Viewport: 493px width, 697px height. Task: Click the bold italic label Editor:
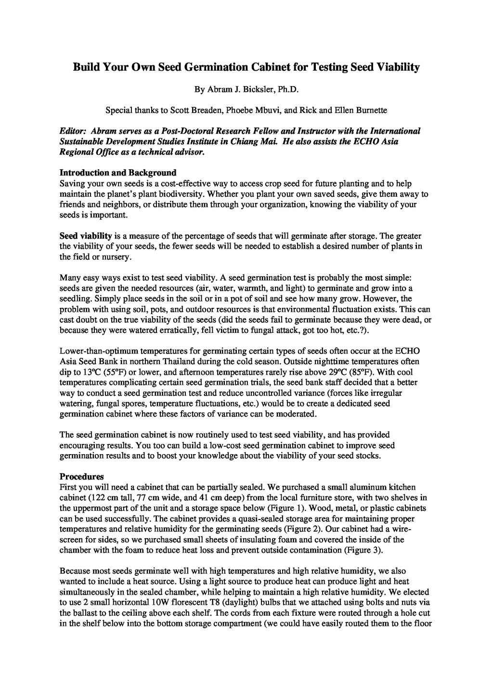click(x=73, y=131)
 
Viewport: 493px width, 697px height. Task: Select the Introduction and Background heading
click(x=117, y=173)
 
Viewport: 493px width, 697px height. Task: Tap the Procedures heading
click(x=81, y=477)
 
